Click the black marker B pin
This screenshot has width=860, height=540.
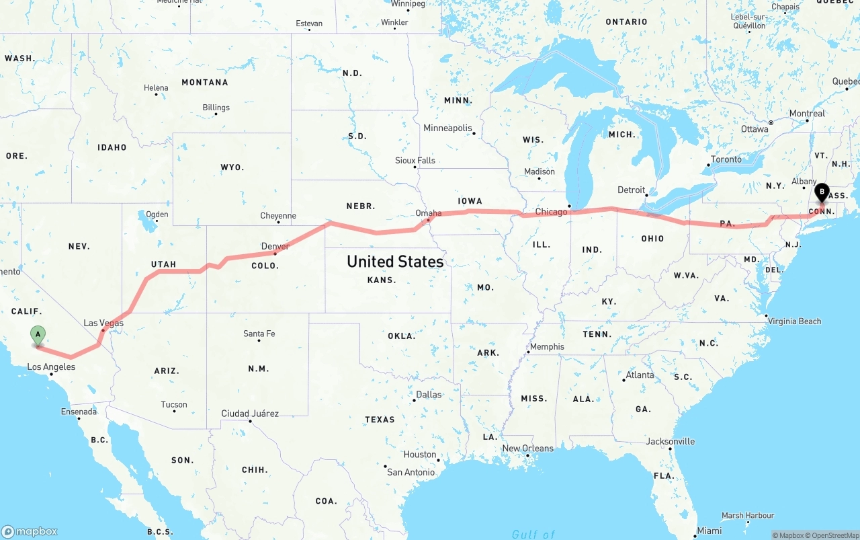click(x=821, y=192)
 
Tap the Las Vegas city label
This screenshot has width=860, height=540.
click(x=103, y=323)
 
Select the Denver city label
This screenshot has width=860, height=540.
click(x=275, y=246)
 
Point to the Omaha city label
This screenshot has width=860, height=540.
click(x=429, y=213)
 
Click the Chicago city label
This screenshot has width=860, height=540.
click(x=552, y=212)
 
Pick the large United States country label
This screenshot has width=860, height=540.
click(x=395, y=261)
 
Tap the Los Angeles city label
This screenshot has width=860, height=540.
click(x=51, y=367)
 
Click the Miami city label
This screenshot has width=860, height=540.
click(x=709, y=531)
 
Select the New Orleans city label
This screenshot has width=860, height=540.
click(x=528, y=449)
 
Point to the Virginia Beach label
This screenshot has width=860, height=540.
click(x=795, y=321)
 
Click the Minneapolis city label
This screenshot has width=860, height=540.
click(x=447, y=128)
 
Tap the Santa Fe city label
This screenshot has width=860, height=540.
click(x=259, y=334)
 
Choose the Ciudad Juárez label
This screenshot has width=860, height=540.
click(x=250, y=414)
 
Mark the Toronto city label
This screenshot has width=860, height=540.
click(x=726, y=159)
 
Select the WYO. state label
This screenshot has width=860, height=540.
click(x=232, y=167)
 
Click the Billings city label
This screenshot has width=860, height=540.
click(x=216, y=108)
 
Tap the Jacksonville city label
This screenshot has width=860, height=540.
click(x=671, y=441)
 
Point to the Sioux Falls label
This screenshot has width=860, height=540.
click(x=415, y=160)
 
